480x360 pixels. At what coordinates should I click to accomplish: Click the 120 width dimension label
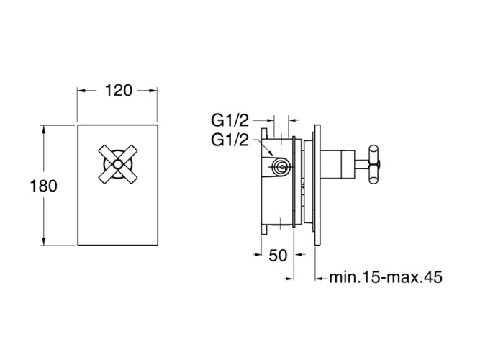point(119,91)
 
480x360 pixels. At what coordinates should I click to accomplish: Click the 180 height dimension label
point(43,186)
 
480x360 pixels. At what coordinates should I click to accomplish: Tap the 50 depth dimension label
point(278,255)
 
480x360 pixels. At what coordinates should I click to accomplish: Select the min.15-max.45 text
point(386,277)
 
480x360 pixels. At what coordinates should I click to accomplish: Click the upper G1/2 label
point(230,120)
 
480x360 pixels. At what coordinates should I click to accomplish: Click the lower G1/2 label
point(230,140)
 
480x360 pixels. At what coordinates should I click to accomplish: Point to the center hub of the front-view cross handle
point(118,165)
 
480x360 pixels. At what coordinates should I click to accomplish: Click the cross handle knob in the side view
point(374,165)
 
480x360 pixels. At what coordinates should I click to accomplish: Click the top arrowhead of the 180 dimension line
point(43,130)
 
